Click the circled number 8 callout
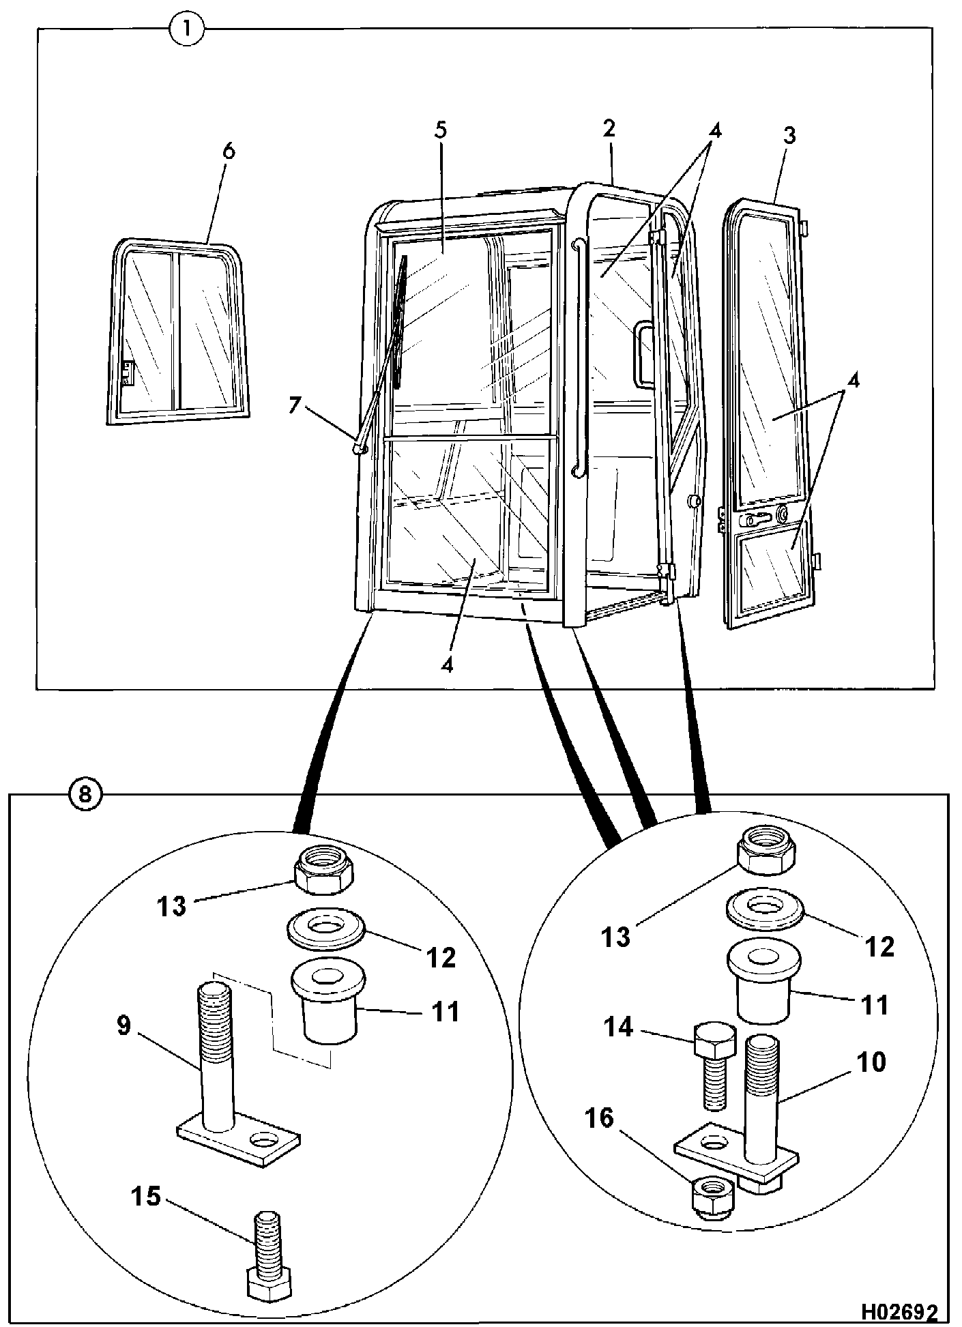84,794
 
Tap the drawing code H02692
898,1311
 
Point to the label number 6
228,151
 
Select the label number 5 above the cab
440,130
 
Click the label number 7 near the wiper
294,405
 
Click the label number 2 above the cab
609,128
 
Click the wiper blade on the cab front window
400,321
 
